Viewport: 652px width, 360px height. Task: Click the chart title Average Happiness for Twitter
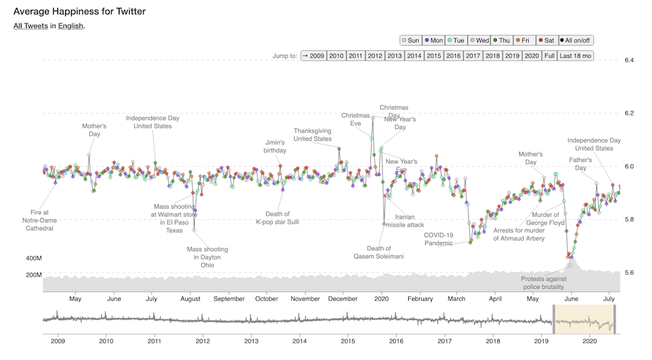click(x=80, y=12)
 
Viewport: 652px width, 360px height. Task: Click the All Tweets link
click(x=31, y=26)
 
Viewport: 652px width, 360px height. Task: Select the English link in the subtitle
click(x=70, y=26)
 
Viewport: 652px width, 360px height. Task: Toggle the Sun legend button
click(x=411, y=40)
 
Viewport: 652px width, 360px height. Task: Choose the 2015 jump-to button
click(x=434, y=56)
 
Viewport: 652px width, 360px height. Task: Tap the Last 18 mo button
click(x=576, y=56)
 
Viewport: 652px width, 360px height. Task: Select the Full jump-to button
click(x=550, y=56)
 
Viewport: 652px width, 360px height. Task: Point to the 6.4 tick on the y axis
click(x=629, y=60)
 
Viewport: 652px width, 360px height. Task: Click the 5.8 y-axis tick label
click(x=629, y=219)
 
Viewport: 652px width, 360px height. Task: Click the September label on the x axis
click(x=228, y=299)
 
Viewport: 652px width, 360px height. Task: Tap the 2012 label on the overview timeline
click(x=203, y=340)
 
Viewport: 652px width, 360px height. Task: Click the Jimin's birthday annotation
click(x=275, y=146)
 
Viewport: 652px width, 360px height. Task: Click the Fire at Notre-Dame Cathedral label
click(x=40, y=220)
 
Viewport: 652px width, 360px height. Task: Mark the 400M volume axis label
click(x=34, y=259)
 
